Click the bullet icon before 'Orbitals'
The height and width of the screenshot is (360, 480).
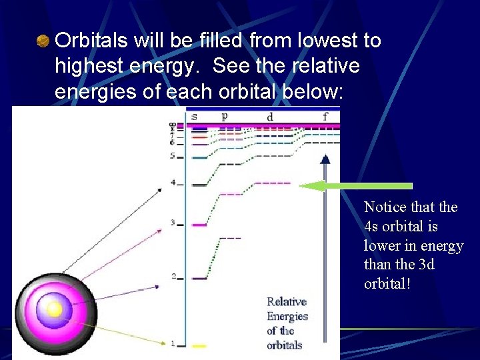43,41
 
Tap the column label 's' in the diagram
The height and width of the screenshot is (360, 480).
194,117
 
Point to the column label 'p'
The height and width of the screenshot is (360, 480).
224,116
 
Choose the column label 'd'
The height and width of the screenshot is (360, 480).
270,117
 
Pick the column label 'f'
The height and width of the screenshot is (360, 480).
325,117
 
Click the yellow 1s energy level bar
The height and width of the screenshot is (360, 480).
199,345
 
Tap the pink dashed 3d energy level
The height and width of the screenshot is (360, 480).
272,183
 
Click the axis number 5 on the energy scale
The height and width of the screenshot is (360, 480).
172,156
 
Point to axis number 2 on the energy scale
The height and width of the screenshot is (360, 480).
173,276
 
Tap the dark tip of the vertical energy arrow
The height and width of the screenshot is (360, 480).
325,158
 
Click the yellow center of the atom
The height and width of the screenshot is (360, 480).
54,309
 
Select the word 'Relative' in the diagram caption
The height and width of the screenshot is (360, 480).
287,302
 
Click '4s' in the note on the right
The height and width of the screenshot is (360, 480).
372,227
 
